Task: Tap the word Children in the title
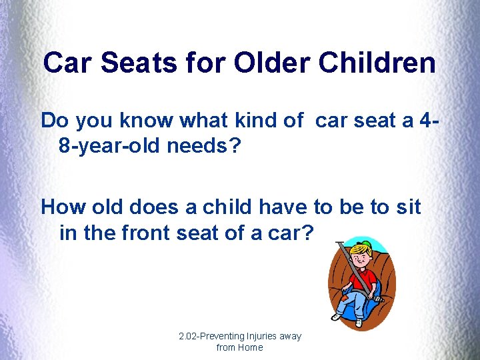377,63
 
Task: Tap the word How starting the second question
61,207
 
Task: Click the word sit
407,207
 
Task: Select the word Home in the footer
250,347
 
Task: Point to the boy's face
362,256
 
